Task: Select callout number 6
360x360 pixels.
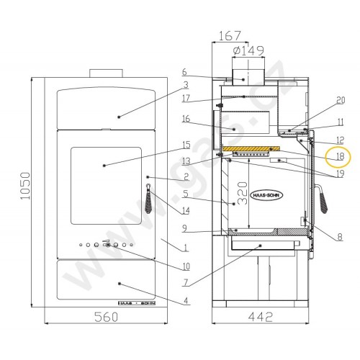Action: [x=185, y=72]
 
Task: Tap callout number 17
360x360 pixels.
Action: [x=185, y=98]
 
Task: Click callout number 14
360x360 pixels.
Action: [x=186, y=211]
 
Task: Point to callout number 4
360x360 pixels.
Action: [x=186, y=300]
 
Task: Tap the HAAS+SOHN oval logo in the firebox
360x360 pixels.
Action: [x=267, y=195]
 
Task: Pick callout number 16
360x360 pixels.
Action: [x=185, y=119]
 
